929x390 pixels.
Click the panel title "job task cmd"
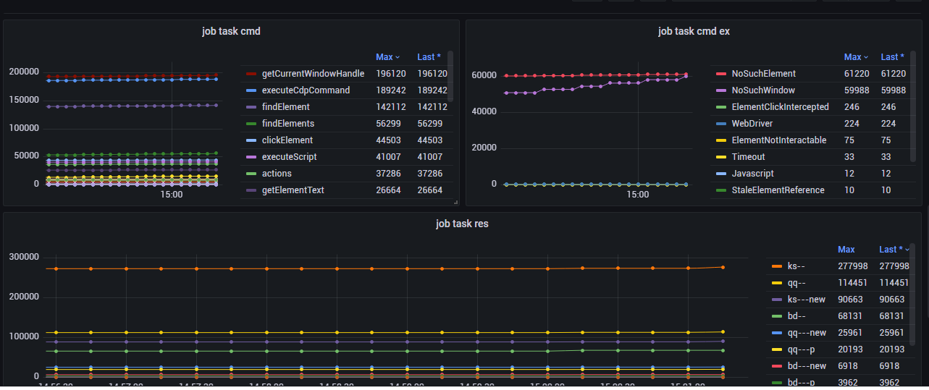[231, 31]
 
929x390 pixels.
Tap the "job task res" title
[462, 224]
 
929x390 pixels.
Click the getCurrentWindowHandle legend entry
[313, 74]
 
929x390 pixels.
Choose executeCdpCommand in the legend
[306, 90]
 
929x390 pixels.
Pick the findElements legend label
[287, 124]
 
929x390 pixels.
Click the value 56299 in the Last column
[432, 124]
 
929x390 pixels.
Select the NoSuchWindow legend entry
[763, 90]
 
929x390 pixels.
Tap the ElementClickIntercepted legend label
[780, 107]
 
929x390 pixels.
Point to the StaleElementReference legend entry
[778, 190]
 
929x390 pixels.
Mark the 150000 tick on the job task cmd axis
[24, 100]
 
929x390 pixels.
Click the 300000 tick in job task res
[24, 257]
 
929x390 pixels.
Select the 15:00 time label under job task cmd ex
[637, 195]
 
